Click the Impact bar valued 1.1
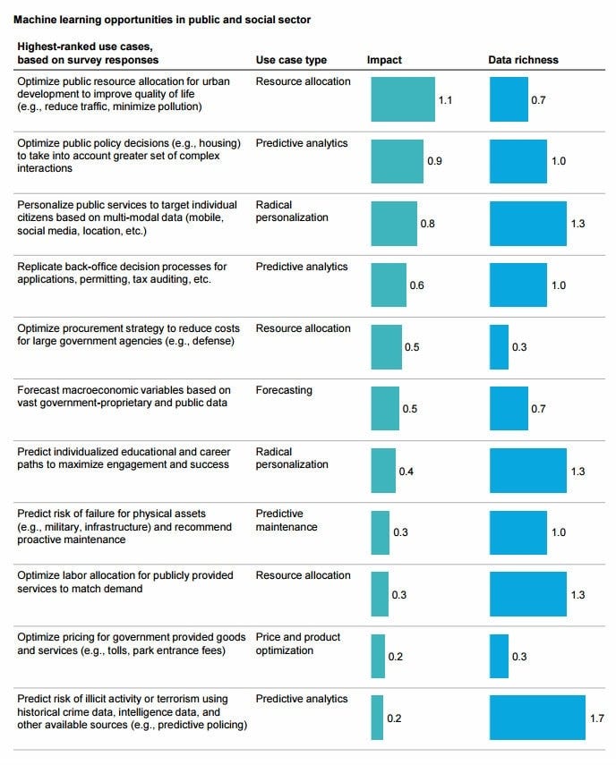(403, 99)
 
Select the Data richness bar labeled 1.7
(537, 718)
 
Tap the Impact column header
(384, 60)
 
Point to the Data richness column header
(523, 60)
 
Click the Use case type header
(291, 60)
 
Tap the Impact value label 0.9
(434, 161)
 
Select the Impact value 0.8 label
(427, 223)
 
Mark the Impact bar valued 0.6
(389, 285)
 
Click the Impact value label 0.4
(406, 471)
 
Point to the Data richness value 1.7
(597, 718)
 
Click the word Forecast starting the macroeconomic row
(38, 390)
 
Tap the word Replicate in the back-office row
(40, 267)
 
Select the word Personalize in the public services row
(45, 205)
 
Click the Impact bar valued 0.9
(398, 161)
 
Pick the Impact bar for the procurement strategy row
(386, 346)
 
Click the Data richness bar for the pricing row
(499, 656)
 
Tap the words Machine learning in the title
(53, 19)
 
